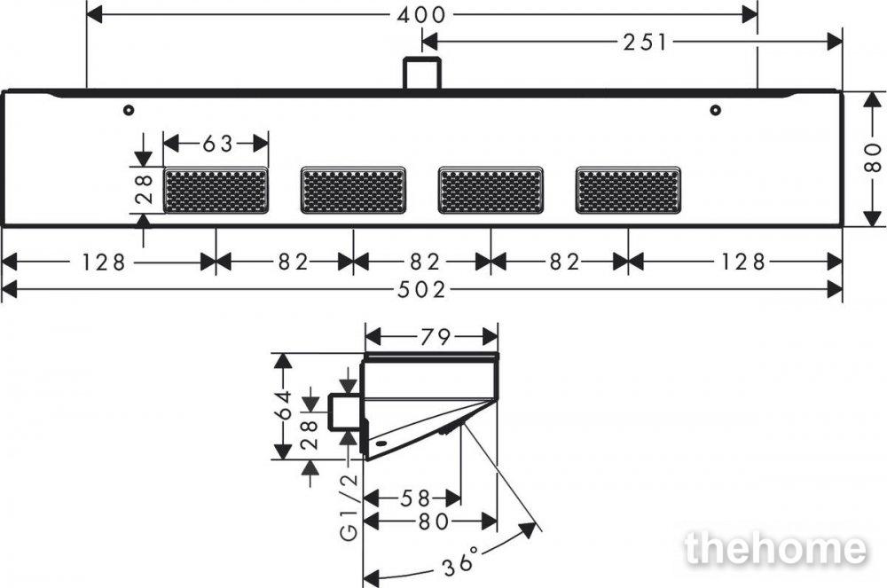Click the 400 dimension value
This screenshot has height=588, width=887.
pyautogui.click(x=421, y=15)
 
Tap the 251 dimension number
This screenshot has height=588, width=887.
pyautogui.click(x=646, y=43)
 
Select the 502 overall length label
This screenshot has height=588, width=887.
pyautogui.click(x=421, y=290)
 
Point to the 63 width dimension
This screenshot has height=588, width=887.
pyautogui.click(x=217, y=145)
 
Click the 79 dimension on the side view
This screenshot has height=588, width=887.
pyautogui.click(x=435, y=338)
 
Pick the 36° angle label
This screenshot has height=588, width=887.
pyautogui.click(x=459, y=561)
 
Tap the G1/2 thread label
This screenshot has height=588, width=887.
pyautogui.click(x=349, y=507)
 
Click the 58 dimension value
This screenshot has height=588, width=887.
pyautogui.click(x=415, y=498)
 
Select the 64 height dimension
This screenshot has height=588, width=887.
pyautogui.click(x=284, y=404)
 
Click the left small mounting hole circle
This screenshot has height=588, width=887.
pyautogui.click(x=129, y=110)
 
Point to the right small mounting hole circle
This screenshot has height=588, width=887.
pyautogui.click(x=716, y=110)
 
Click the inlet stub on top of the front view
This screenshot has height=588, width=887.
pyautogui.click(x=421, y=73)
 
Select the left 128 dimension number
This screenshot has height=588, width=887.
pyautogui.click(x=104, y=263)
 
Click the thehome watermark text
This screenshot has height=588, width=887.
pyautogui.click(x=775, y=547)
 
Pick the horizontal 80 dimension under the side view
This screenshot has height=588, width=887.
pyautogui.click(x=434, y=521)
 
